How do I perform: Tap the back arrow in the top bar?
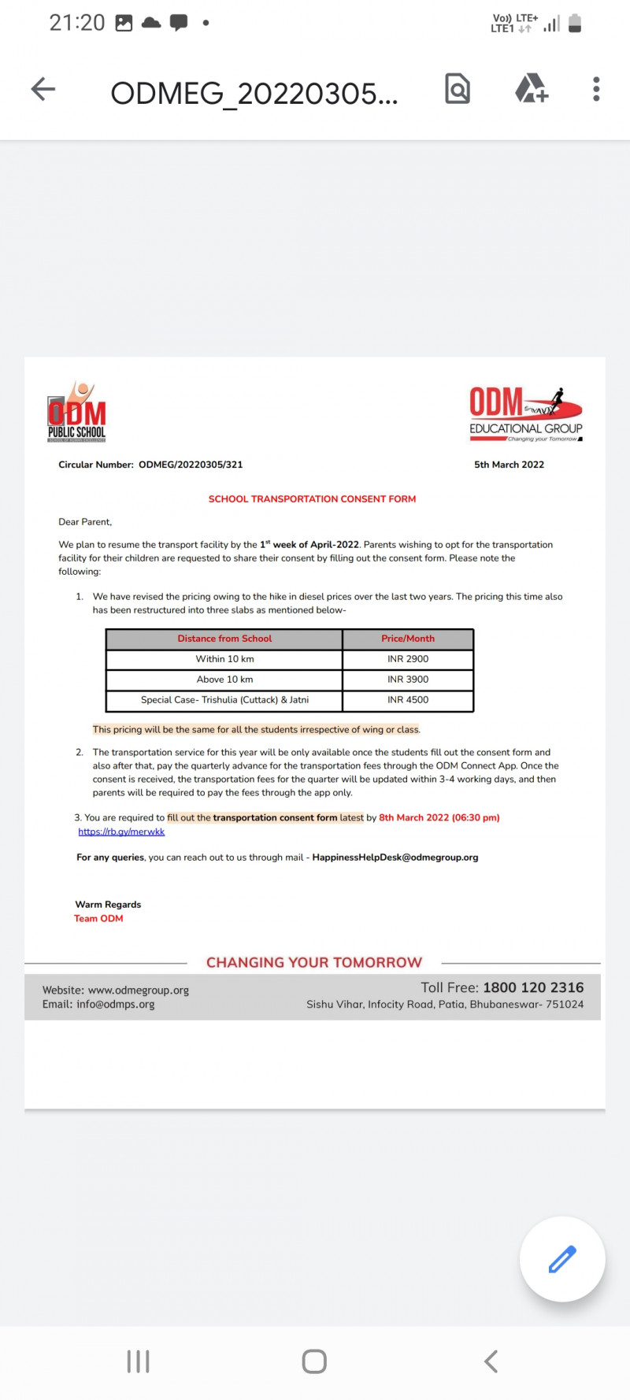coord(43,89)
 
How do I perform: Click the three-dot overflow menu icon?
coord(596,89)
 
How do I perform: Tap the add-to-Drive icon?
coord(532,89)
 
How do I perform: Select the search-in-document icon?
coord(458,89)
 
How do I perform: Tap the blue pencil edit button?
coord(562,1259)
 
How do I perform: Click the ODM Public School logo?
coord(76,412)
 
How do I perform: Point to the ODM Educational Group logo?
coord(526,414)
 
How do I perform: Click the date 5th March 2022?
coord(509,465)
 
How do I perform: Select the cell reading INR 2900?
coord(408,659)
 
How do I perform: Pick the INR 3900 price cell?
coord(408,680)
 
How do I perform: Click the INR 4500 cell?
coord(408,700)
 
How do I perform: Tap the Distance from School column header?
coord(224,639)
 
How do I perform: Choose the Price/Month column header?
coord(408,639)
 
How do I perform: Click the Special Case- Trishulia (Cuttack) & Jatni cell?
coord(224,700)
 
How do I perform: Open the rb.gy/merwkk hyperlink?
coord(121,831)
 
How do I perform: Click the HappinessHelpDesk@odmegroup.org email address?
coord(395,857)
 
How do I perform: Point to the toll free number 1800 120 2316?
coord(533,987)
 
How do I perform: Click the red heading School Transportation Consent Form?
coord(312,499)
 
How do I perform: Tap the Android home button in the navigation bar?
coord(314,1361)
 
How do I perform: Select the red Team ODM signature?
coord(98,918)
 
